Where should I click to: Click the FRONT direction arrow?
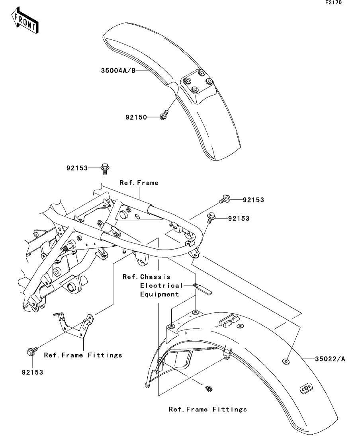[x=25, y=20]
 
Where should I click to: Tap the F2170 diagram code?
[x=333, y=2]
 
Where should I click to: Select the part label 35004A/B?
[x=118, y=70]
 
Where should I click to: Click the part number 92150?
[x=136, y=117]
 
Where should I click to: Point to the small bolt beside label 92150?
[x=164, y=115]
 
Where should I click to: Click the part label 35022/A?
[x=330, y=359]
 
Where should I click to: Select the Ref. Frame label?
[x=139, y=183]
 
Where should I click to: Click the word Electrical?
[x=161, y=286]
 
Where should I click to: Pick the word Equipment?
[x=159, y=294]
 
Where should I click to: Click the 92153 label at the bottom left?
[x=33, y=372]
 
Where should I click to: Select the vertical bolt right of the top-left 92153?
[x=105, y=169]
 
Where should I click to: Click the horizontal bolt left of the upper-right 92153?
[x=225, y=199]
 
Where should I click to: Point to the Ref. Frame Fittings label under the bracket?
[x=83, y=355]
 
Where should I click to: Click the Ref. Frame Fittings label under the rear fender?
[x=207, y=409]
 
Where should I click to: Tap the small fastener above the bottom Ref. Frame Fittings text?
[x=209, y=388]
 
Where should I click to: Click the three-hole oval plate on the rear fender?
[x=306, y=388]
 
